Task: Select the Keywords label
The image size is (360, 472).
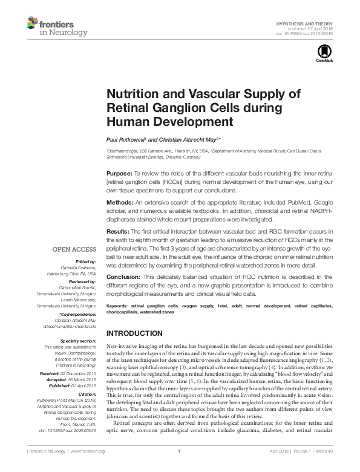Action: [x=118, y=307]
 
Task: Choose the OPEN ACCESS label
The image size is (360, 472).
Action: [x=74, y=249]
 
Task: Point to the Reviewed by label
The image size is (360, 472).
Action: [x=82, y=281]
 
